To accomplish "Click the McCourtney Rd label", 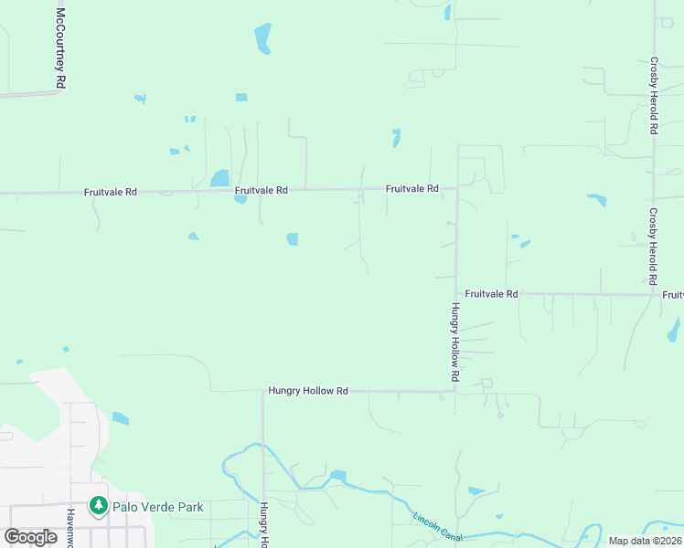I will click(60, 48).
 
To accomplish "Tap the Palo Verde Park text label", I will click(156, 507).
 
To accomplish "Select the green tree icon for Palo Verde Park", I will click(98, 505).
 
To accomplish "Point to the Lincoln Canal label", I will click(439, 528).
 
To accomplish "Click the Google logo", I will click(30, 537).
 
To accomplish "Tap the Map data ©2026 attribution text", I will click(645, 541).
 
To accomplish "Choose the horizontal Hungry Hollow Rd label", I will click(308, 391).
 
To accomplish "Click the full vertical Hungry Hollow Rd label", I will click(454, 342).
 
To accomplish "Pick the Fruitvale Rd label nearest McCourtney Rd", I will click(110, 193).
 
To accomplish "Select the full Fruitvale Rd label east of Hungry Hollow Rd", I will click(491, 294).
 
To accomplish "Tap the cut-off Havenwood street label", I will click(69, 527).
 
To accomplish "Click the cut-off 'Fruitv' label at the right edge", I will click(672, 294).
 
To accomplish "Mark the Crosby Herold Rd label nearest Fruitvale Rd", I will click(653, 247).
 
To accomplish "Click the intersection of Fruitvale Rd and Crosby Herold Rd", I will click(653, 294).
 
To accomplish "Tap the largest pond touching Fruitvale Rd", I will click(220, 178).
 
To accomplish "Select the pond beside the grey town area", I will click(121, 418).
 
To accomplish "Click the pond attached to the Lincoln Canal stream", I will click(338, 475).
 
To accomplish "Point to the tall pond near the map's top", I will click(262, 38).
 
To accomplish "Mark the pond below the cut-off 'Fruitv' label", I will click(675, 329).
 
